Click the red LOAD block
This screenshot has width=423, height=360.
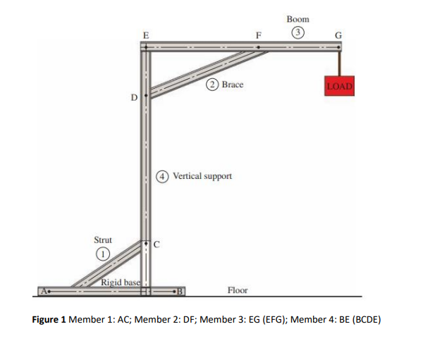click(x=339, y=85)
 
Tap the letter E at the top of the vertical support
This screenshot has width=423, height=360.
click(x=145, y=35)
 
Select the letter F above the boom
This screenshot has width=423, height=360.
click(x=259, y=35)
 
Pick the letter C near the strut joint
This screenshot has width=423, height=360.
click(x=157, y=245)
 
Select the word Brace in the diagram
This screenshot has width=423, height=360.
click(x=232, y=85)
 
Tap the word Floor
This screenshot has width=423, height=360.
click(x=238, y=290)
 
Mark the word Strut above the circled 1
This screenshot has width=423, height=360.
click(x=103, y=240)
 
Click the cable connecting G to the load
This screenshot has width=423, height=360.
click(x=339, y=61)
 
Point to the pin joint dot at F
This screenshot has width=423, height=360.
click(x=259, y=48)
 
